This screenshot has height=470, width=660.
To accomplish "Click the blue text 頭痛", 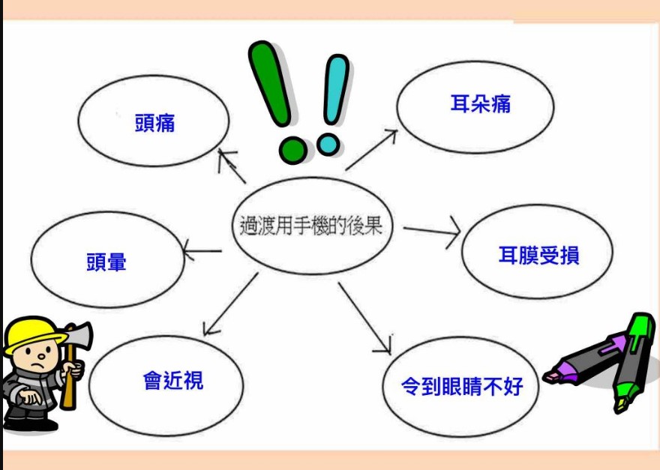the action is coord(154,123).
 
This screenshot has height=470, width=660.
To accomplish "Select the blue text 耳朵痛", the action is coord(480,104).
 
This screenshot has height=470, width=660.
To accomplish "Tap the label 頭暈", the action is coord(106,262).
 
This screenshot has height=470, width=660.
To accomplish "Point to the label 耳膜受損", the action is coord(538,256).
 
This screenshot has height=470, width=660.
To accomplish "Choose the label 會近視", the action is coord(173,381).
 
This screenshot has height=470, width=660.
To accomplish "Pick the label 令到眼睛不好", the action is coord(462,386).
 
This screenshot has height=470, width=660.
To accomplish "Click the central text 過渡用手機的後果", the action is coord(311,226).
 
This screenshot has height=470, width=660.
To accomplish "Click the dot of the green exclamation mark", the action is coord(292,150).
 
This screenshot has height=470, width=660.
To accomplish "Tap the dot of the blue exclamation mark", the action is coord(328,145).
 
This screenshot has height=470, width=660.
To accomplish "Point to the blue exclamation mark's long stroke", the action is coord(336,89).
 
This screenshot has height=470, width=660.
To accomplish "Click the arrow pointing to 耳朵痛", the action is coord(371,150).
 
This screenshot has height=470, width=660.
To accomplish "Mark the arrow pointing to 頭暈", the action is coord(202,251).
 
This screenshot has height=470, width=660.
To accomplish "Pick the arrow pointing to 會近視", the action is coord(231,304).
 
